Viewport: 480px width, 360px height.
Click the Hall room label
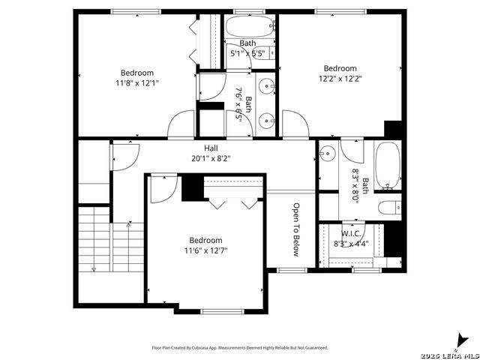(x=211, y=148)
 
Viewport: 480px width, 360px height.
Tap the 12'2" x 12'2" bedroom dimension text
(x=340, y=79)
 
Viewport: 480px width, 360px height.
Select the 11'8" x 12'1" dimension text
(x=137, y=83)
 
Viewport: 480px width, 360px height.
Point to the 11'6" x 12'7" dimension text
(x=205, y=250)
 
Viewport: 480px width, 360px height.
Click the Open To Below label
(x=296, y=229)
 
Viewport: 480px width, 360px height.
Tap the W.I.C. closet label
(x=351, y=234)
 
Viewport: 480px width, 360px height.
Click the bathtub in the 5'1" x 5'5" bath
(x=250, y=27)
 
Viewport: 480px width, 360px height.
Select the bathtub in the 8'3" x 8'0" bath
(x=388, y=165)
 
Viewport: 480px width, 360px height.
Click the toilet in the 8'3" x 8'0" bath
(x=389, y=208)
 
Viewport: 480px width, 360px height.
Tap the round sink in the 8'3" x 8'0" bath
(x=328, y=153)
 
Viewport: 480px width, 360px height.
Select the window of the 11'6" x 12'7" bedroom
(x=222, y=312)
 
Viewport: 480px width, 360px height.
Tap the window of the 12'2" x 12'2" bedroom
(x=340, y=12)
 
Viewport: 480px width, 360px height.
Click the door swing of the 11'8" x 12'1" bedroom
(x=181, y=124)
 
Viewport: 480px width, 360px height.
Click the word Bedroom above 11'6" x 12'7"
(x=205, y=240)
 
